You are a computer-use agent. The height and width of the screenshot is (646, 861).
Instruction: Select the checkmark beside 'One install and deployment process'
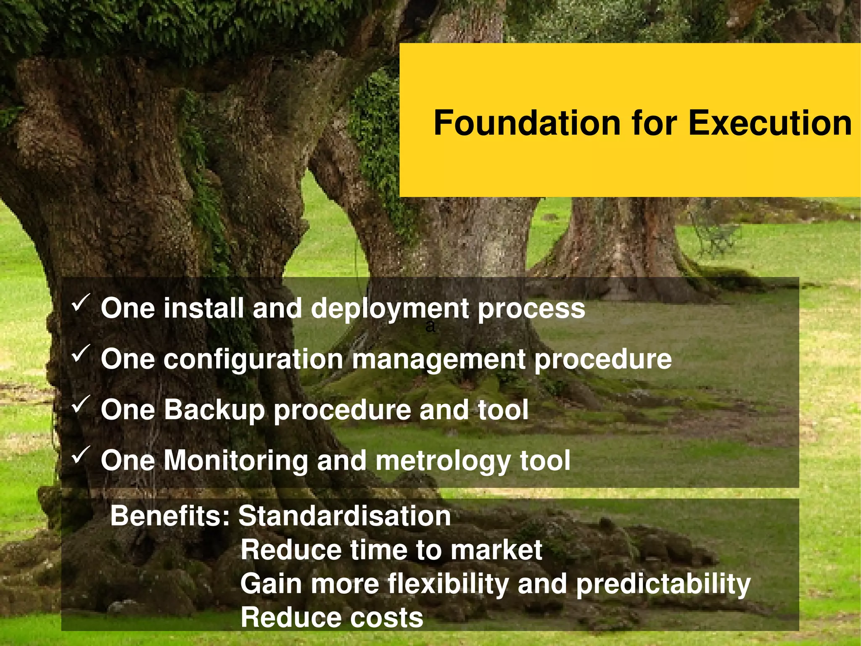(x=80, y=303)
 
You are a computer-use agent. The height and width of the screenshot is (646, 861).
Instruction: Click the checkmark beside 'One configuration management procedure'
(x=80, y=354)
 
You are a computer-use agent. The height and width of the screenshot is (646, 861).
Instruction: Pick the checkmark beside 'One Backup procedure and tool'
(x=80, y=404)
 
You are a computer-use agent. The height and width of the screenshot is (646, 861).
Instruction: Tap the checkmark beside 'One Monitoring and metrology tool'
(x=80, y=455)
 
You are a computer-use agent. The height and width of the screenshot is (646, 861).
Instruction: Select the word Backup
(x=214, y=410)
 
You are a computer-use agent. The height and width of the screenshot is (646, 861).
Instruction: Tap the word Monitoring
(x=236, y=460)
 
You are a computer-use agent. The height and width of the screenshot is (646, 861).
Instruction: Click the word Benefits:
(x=170, y=516)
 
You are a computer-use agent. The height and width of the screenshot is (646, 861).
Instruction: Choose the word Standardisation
(x=344, y=516)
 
